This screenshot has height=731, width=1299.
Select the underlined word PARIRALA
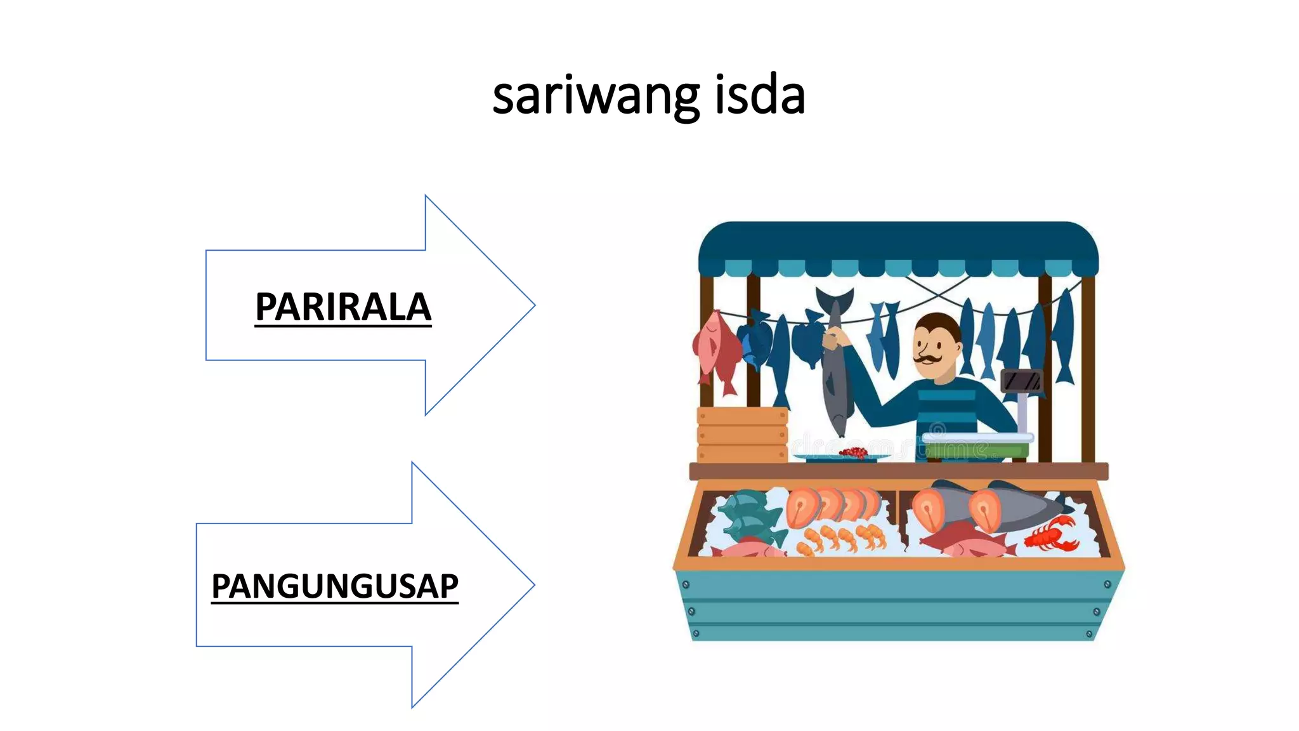click(x=343, y=308)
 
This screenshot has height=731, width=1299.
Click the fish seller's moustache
click(x=927, y=359)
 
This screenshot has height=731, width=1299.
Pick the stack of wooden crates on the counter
click(x=742, y=435)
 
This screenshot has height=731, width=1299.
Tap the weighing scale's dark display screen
click(x=1021, y=381)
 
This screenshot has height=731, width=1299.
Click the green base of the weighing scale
click(x=977, y=449)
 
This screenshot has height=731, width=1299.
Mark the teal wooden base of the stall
click(x=898, y=606)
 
